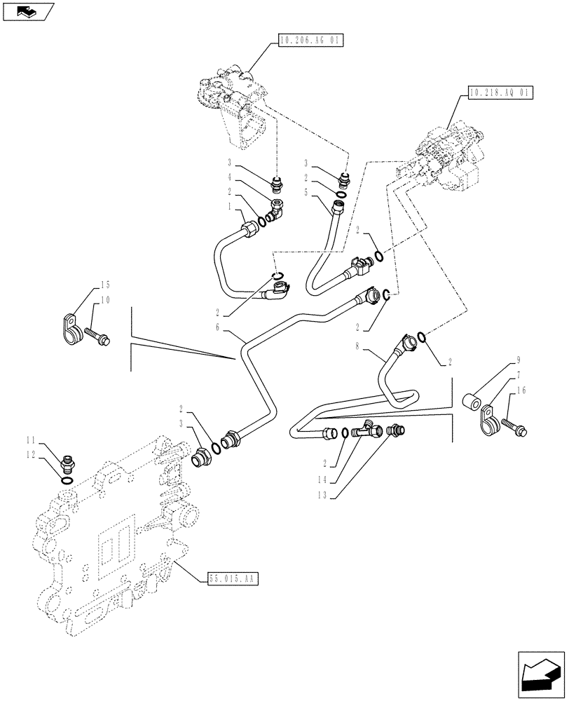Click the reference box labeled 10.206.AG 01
click(x=309, y=41)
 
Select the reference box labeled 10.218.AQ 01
click(x=500, y=93)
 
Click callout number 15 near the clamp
click(x=106, y=286)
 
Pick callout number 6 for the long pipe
click(x=218, y=327)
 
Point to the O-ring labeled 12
click(x=67, y=481)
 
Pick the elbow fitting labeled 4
click(x=277, y=207)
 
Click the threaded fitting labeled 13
click(x=396, y=429)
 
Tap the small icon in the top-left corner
click(x=27, y=12)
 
